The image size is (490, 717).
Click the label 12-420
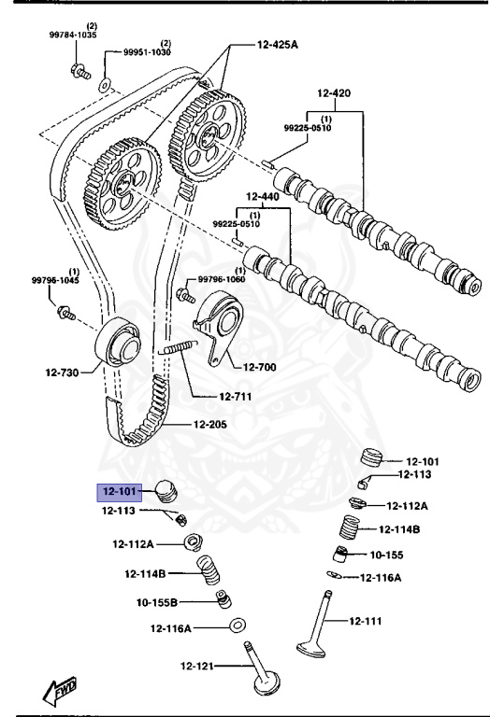point(333,93)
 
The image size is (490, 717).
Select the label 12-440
point(263,197)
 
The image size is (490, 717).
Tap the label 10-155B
point(157,602)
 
